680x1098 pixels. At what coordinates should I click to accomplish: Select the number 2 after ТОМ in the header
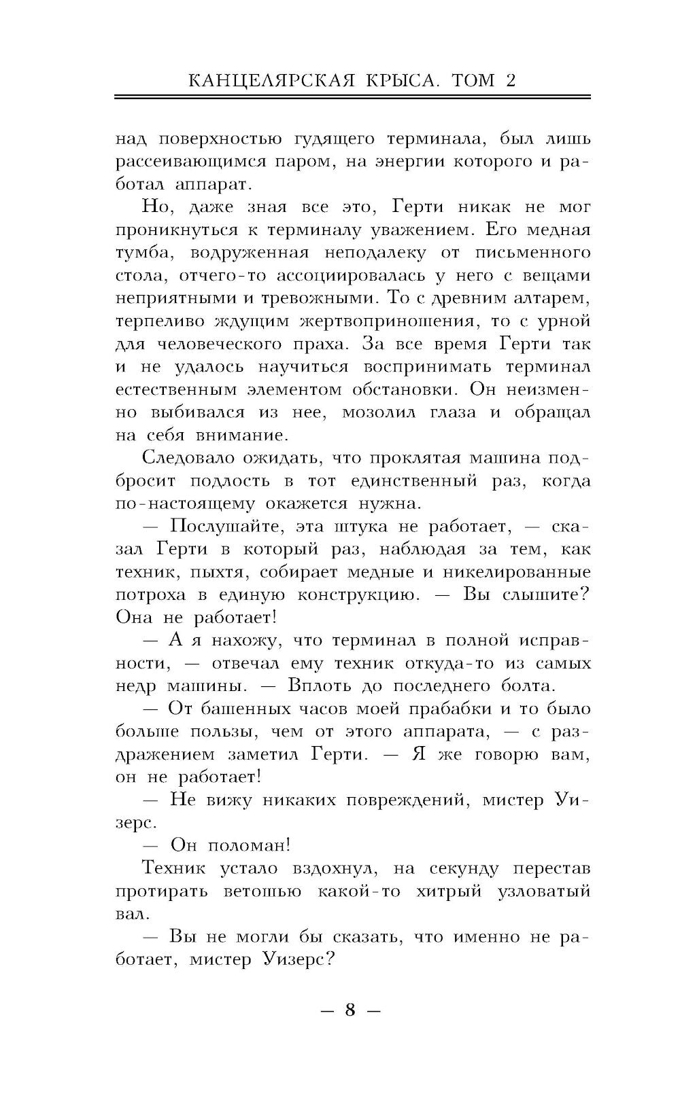coord(510,81)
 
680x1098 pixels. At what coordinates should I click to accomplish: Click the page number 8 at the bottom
coord(350,1010)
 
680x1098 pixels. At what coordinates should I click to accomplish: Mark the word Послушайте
coord(227,527)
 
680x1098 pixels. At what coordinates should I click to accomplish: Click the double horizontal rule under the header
coord(352,99)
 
